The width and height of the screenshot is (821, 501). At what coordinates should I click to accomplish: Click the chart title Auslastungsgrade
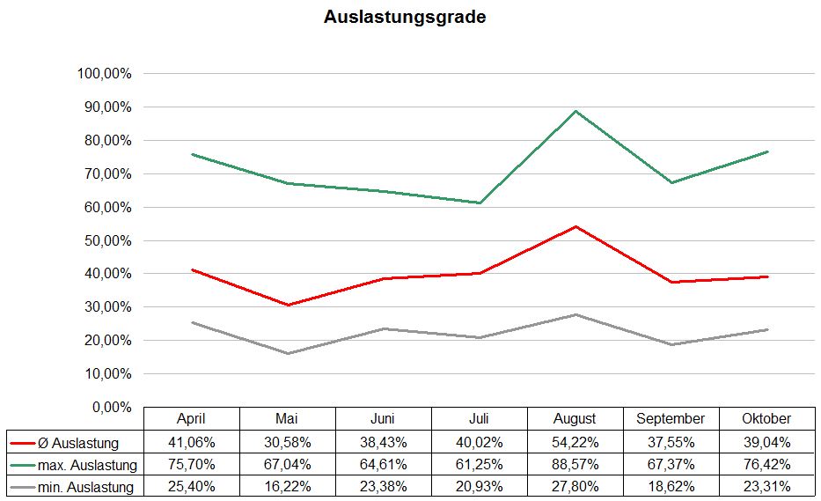[405, 17]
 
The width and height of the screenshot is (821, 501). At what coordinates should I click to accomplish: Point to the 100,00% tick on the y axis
[105, 74]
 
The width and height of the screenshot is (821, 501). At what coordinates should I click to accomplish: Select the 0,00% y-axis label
[112, 407]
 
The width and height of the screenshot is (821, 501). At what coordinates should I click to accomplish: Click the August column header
[575, 419]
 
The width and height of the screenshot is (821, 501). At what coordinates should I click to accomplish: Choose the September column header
[671, 419]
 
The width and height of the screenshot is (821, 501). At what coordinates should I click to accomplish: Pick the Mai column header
[287, 419]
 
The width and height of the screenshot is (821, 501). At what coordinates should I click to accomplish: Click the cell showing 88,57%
[575, 464]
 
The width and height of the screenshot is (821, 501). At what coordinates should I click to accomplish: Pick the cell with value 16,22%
[287, 486]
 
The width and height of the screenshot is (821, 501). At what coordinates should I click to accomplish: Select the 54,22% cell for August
[575, 442]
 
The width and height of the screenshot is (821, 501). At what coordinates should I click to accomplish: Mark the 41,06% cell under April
[191, 442]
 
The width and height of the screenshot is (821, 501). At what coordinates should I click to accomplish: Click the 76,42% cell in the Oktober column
[766, 464]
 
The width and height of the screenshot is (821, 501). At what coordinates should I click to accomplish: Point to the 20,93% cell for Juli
[479, 486]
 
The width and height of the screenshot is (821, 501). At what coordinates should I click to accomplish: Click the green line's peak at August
[575, 111]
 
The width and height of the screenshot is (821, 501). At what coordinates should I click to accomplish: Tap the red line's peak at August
[575, 226]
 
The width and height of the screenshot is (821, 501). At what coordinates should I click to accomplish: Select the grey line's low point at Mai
[288, 353]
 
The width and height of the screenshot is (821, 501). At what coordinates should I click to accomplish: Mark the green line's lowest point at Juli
[480, 203]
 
